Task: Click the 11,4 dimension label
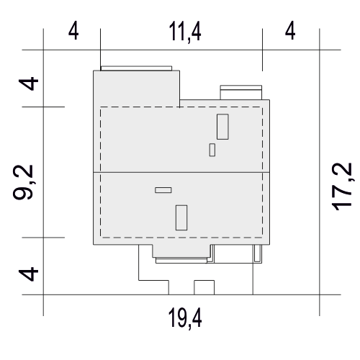pos(185,32)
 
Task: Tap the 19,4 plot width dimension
pos(185,318)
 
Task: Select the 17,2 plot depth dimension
pos(342,186)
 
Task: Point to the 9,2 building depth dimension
pos(23,182)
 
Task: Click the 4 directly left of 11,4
pos(73,31)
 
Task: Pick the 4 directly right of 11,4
pos(290,31)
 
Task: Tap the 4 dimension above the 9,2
pos(29,84)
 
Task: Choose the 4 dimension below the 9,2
pos(29,274)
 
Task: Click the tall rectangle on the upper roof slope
pos(222,127)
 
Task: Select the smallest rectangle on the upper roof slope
pos(212,150)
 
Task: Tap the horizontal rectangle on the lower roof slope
pos(163,190)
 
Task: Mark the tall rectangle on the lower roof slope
pos(181,217)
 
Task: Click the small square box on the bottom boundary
pos(204,287)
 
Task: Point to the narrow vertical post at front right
pos(257,253)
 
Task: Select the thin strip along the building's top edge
pos(136,68)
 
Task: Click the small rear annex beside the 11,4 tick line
pos(241,92)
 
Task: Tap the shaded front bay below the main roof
pos(182,251)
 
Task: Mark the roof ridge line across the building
pos(181,172)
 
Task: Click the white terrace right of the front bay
pos(234,253)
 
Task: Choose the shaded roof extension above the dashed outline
pos(136,89)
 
